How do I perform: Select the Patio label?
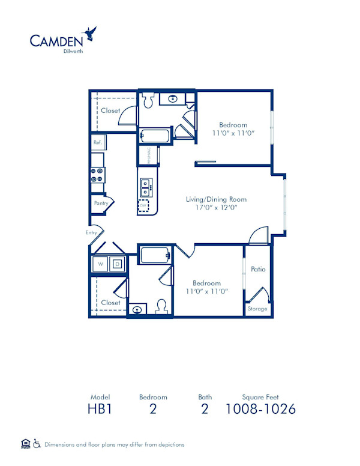pyautogui.click(x=258, y=269)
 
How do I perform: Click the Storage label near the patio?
pyautogui.click(x=258, y=309)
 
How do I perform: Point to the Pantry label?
pyautogui.click(x=101, y=203)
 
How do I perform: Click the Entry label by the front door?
pyautogui.click(x=91, y=232)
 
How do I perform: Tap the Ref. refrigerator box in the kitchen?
pyautogui.click(x=98, y=142)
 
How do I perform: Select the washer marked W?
pyautogui.click(x=100, y=264)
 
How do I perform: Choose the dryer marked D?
pyautogui.click(x=117, y=264)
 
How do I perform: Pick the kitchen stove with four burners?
pyautogui.click(x=97, y=175)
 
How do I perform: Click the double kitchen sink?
pyautogui.click(x=145, y=188)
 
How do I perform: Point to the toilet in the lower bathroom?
pyautogui.click(x=161, y=307)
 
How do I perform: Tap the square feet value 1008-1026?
pyautogui.click(x=260, y=410)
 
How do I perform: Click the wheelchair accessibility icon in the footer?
pyautogui.click(x=37, y=444)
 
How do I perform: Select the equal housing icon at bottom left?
pyautogui.click(x=25, y=444)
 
